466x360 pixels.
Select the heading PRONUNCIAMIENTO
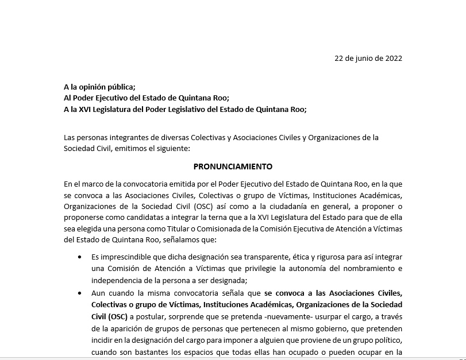[233, 167]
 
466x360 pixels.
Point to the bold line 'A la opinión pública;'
[99, 87]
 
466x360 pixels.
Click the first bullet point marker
[79, 258]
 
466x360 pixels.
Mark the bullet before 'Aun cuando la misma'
[79, 292]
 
